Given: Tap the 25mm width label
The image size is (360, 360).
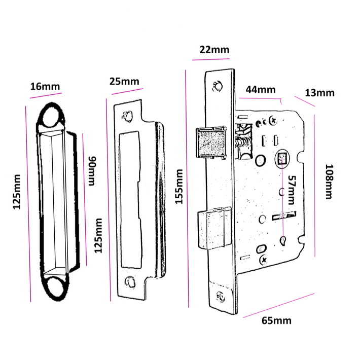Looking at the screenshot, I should (124, 81).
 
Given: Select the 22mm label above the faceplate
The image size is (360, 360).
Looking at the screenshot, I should (214, 50).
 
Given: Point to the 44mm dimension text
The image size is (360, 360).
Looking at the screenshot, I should (260, 90).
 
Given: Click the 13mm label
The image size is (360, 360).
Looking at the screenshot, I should (319, 93).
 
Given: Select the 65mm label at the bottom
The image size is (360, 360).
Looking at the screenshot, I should (276, 320).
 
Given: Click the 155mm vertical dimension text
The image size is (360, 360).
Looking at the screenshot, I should (178, 187).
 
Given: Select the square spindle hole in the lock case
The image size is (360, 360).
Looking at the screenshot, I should (282, 159).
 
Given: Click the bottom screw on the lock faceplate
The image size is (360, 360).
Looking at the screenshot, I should (220, 297).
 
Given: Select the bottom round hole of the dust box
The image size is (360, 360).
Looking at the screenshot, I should (54, 285).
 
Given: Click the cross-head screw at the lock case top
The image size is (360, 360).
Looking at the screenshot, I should (274, 121).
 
